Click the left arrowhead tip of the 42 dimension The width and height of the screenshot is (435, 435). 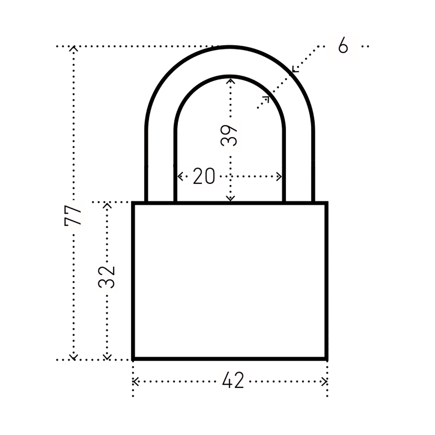(133, 381)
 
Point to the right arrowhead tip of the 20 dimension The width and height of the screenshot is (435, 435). (282, 176)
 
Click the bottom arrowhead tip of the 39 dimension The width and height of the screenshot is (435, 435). (230, 201)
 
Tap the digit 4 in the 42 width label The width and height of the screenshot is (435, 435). (227, 381)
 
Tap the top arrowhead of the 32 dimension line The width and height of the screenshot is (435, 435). (107, 206)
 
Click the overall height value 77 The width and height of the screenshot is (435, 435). (73, 215)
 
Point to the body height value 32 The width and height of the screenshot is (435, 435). (107, 277)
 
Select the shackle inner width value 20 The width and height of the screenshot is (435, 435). (204, 176)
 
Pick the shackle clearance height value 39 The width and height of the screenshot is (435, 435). (228, 136)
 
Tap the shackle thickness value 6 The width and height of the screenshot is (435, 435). (343, 45)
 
